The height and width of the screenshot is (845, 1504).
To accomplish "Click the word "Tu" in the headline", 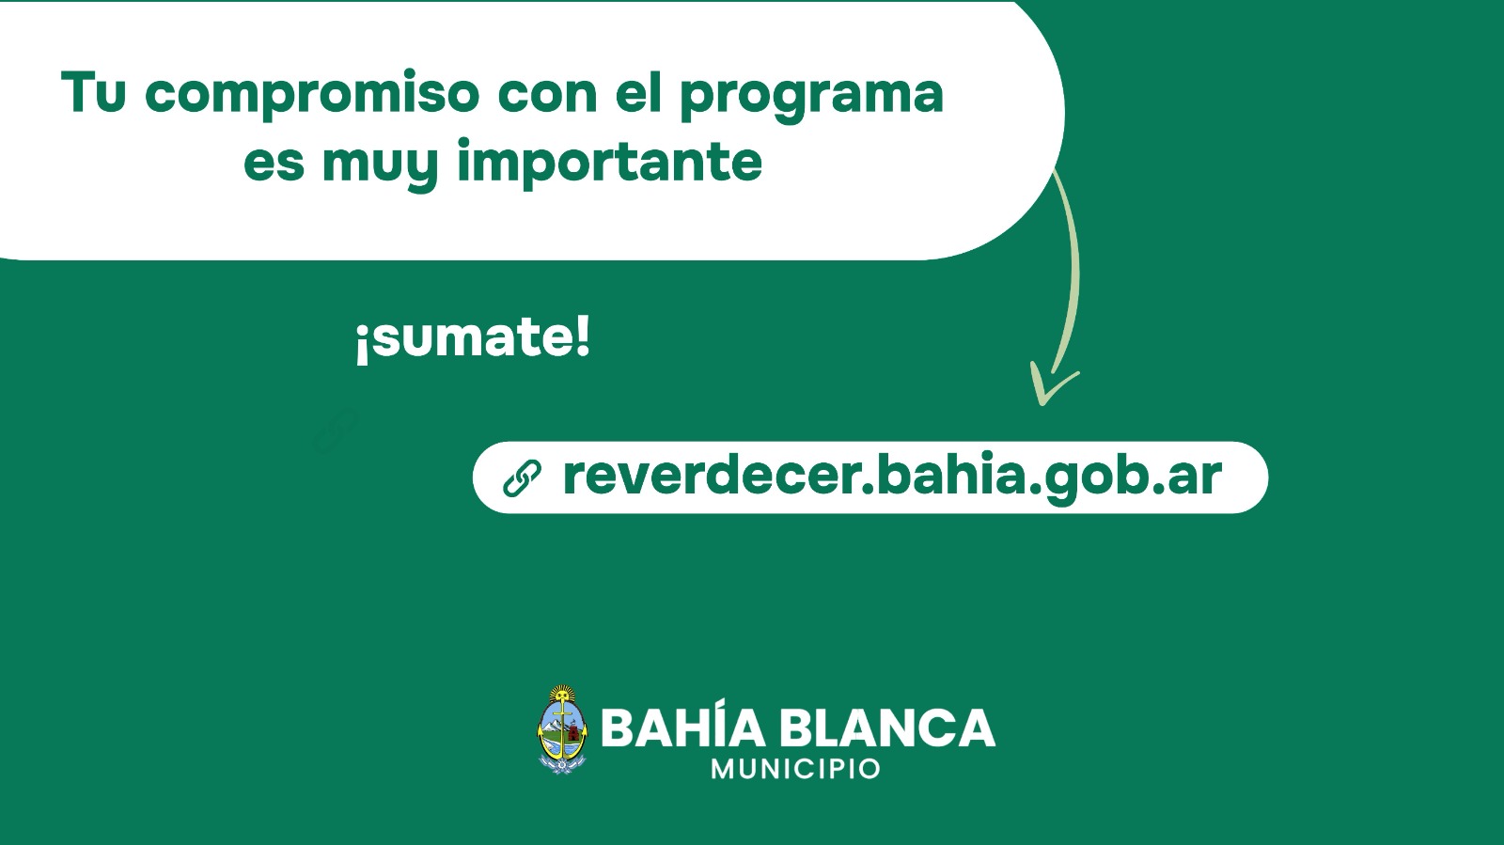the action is pos(93,93).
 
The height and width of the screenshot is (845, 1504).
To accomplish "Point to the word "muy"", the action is pos(380,165).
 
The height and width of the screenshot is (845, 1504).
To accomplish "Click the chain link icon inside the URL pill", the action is pos(522,478).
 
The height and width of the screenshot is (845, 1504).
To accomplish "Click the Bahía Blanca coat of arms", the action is pos(562,729).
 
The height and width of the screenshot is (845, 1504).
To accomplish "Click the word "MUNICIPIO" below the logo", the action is pos(795,769).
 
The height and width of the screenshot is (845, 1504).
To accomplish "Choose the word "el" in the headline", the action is pos(637,92).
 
